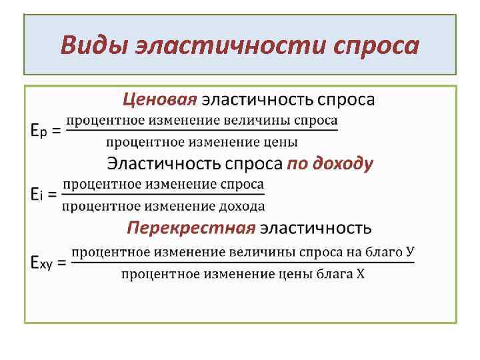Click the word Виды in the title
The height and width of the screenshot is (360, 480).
tap(93, 45)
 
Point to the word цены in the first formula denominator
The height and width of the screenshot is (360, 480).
tap(282, 141)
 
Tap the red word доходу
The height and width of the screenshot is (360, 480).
tap(340, 163)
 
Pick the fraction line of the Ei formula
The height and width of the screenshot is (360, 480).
tap(163, 195)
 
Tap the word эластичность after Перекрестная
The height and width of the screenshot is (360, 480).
tap(315, 228)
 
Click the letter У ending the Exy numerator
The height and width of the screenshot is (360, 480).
tap(409, 251)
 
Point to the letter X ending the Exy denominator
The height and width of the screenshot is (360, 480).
tap(360, 274)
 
